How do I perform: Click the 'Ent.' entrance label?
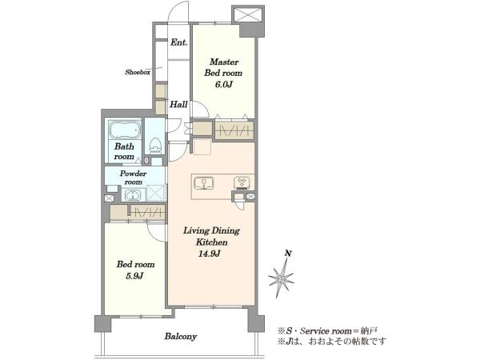tap(178, 42)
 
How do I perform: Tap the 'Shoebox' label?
tap(138, 72)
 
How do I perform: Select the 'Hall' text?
tap(178, 104)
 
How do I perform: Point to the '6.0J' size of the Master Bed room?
tap(223, 85)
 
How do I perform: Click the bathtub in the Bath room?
tap(125, 130)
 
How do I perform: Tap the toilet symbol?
tap(155, 146)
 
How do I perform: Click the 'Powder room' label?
tap(133, 178)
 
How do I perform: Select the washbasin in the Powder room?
tap(132, 195)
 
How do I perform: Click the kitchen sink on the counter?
tap(203, 183)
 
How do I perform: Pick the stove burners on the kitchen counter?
tap(242, 182)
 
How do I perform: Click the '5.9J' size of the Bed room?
tap(134, 276)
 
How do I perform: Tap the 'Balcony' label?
tap(181, 337)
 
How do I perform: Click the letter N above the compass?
tap(288, 254)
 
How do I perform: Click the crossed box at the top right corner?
tap(248, 14)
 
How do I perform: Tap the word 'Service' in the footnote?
tap(316, 331)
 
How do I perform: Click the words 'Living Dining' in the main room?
tap(211, 230)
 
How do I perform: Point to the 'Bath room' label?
tap(124, 151)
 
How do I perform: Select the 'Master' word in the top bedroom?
tap(224, 62)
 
